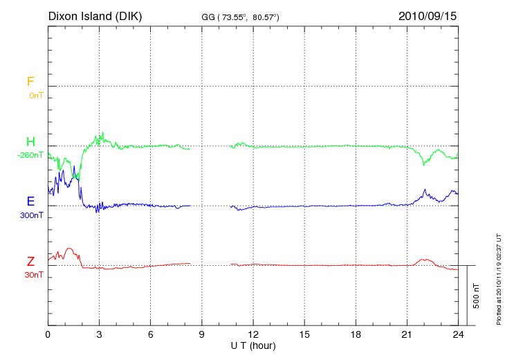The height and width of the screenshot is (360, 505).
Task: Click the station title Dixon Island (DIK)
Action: (x=95, y=16)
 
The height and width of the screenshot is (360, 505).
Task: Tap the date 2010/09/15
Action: (x=428, y=16)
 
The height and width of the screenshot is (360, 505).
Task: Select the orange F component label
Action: (x=30, y=82)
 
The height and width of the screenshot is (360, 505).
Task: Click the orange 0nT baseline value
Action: (x=35, y=96)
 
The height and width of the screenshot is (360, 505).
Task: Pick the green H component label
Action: (x=30, y=142)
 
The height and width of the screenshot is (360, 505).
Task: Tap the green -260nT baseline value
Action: (x=30, y=156)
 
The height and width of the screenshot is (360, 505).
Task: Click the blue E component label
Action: (x=30, y=201)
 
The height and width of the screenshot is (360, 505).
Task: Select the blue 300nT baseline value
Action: (x=31, y=215)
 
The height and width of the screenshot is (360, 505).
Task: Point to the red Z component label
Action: (x=30, y=262)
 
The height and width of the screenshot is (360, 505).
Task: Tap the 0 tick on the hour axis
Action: (x=48, y=334)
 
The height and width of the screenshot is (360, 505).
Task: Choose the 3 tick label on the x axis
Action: (x=100, y=334)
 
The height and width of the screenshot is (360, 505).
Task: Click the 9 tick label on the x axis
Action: (x=202, y=334)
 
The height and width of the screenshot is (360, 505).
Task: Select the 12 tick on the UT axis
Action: (x=253, y=334)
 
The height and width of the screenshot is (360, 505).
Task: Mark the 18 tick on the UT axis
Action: (x=356, y=334)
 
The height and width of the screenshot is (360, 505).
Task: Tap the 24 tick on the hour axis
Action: (x=458, y=334)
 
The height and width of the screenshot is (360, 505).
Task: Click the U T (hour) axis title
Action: (x=253, y=345)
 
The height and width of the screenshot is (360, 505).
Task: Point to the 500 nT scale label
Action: (x=477, y=295)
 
